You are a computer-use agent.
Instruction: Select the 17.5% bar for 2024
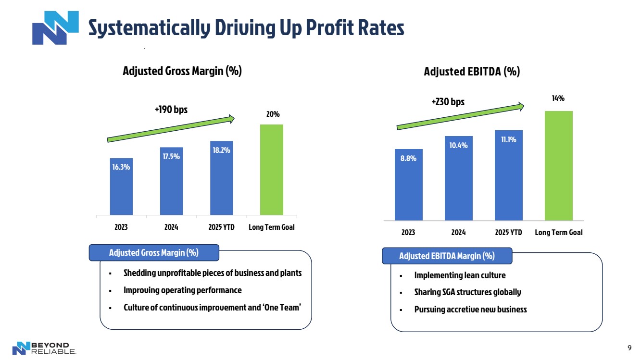171,181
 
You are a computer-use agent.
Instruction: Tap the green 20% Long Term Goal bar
271,170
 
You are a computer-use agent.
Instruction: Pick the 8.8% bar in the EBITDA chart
408,185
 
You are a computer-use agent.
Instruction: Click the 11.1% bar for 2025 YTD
508,175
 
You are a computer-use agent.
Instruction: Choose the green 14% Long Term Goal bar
558,166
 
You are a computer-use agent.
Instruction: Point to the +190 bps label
171,110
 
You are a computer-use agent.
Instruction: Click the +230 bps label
448,102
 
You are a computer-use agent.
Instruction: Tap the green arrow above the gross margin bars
171,129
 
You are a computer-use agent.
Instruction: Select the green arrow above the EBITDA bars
460,116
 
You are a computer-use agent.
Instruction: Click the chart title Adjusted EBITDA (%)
472,72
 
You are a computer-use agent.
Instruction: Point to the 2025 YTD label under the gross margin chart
222,227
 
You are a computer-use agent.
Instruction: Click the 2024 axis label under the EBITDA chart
458,233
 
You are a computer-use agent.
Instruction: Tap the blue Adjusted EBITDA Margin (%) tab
447,256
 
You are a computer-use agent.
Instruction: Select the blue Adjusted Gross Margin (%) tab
154,253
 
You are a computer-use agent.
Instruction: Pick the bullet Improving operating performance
182,290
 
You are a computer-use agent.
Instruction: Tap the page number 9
629,348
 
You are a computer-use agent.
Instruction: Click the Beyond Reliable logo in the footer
44,348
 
